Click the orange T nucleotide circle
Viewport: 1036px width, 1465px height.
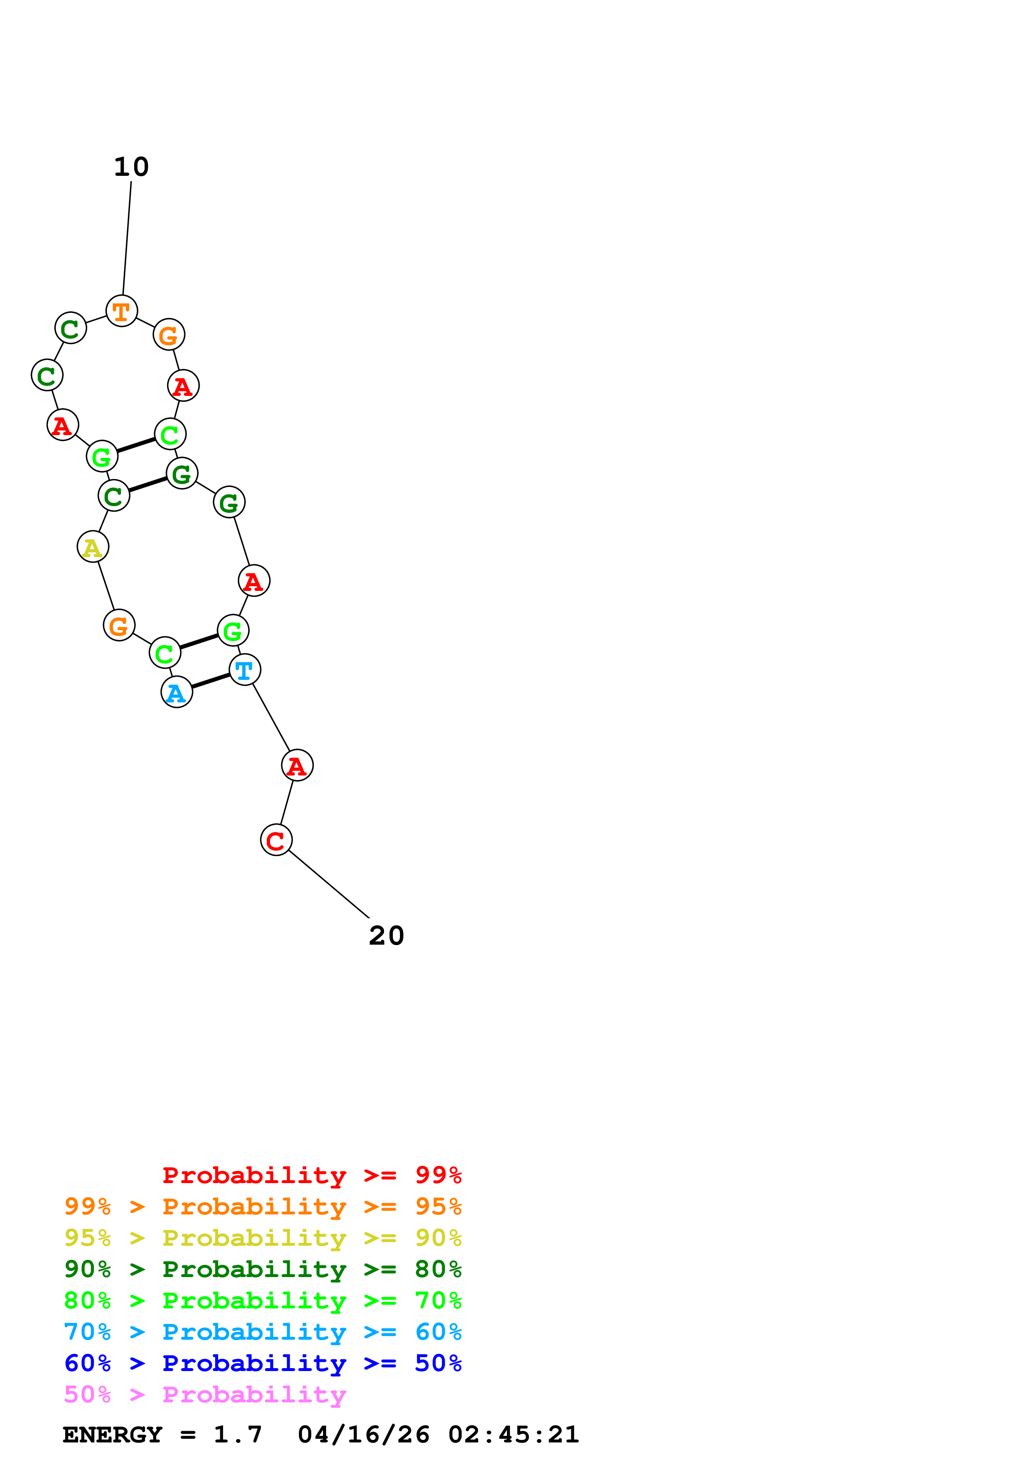click(121, 311)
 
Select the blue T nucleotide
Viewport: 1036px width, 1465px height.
click(244, 669)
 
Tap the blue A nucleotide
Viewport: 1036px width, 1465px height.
click(177, 692)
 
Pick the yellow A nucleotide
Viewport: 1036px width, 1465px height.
click(92, 547)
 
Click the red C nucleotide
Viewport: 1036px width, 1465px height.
click(276, 840)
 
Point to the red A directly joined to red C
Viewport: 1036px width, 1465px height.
click(297, 765)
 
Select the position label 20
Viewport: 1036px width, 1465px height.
click(386, 935)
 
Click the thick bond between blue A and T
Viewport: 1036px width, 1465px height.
click(211, 681)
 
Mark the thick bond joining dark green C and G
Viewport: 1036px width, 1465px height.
click(148, 485)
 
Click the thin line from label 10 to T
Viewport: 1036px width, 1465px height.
click(127, 239)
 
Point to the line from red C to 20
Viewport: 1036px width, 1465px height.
click(329, 884)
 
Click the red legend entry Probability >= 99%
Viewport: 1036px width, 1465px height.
click(311, 1175)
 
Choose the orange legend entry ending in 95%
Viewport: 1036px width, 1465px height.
click(262, 1206)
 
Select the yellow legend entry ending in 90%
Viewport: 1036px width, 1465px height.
click(262, 1238)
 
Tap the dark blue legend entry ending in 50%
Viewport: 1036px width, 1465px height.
click(262, 1363)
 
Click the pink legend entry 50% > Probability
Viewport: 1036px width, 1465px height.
click(205, 1394)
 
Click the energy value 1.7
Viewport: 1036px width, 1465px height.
click(237, 1435)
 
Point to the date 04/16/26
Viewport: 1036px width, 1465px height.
click(363, 1435)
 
